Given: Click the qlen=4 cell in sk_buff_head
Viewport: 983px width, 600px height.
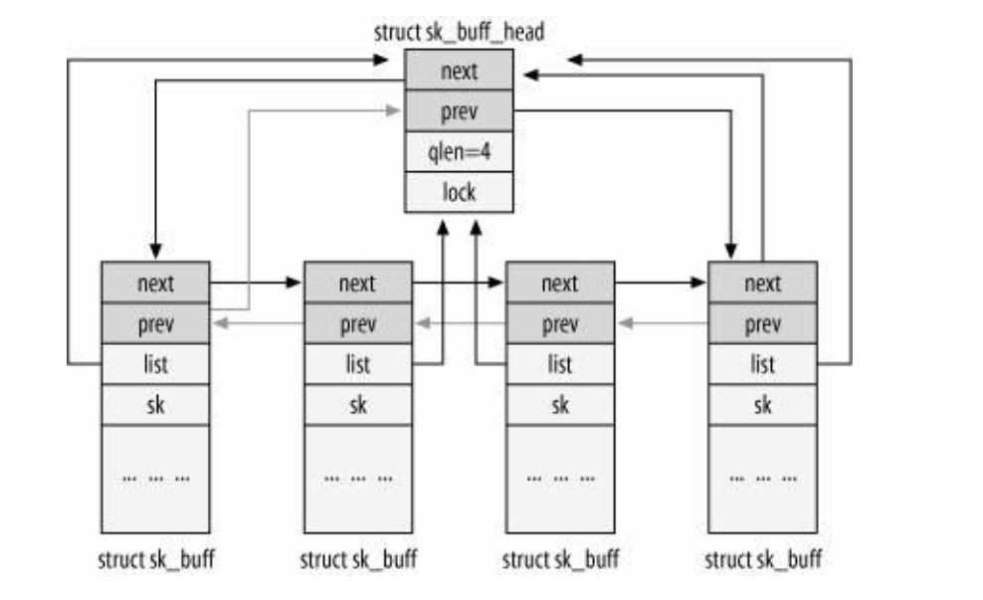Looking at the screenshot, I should tap(459, 150).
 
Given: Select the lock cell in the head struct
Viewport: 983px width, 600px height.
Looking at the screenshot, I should tap(459, 191).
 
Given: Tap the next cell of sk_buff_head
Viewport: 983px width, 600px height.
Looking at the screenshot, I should tap(459, 71).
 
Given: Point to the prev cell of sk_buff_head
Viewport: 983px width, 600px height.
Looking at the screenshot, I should tap(459, 110).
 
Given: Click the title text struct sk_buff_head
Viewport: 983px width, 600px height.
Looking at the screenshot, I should tap(459, 32).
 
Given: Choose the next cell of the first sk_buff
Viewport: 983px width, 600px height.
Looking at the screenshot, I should tap(155, 283).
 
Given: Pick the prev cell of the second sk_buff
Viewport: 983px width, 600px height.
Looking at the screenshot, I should tap(357, 323).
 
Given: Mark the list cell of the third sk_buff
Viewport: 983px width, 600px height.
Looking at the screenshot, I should tap(559, 364).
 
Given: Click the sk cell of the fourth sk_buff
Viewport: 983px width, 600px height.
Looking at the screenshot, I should tap(762, 404).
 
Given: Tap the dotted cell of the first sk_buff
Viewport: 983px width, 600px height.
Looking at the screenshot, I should tap(155, 478).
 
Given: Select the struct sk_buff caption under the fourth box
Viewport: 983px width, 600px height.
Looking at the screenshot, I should tap(763, 559).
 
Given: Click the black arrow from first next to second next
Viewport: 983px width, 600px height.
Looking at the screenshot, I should tap(256, 283).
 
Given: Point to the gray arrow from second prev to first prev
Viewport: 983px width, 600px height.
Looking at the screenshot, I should tap(256, 323).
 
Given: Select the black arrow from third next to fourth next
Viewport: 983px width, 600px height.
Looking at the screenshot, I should tap(661, 283).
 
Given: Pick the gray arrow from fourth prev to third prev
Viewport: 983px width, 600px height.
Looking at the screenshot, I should tap(661, 323).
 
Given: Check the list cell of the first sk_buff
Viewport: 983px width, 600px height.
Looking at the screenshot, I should tap(155, 364).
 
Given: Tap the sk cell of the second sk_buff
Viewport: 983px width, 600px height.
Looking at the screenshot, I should tap(357, 404).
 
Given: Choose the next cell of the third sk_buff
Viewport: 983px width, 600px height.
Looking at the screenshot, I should tap(559, 283).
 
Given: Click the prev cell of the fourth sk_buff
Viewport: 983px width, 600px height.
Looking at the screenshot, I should tap(762, 323).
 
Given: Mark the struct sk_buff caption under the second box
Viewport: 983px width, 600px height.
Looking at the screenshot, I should tap(358, 559).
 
